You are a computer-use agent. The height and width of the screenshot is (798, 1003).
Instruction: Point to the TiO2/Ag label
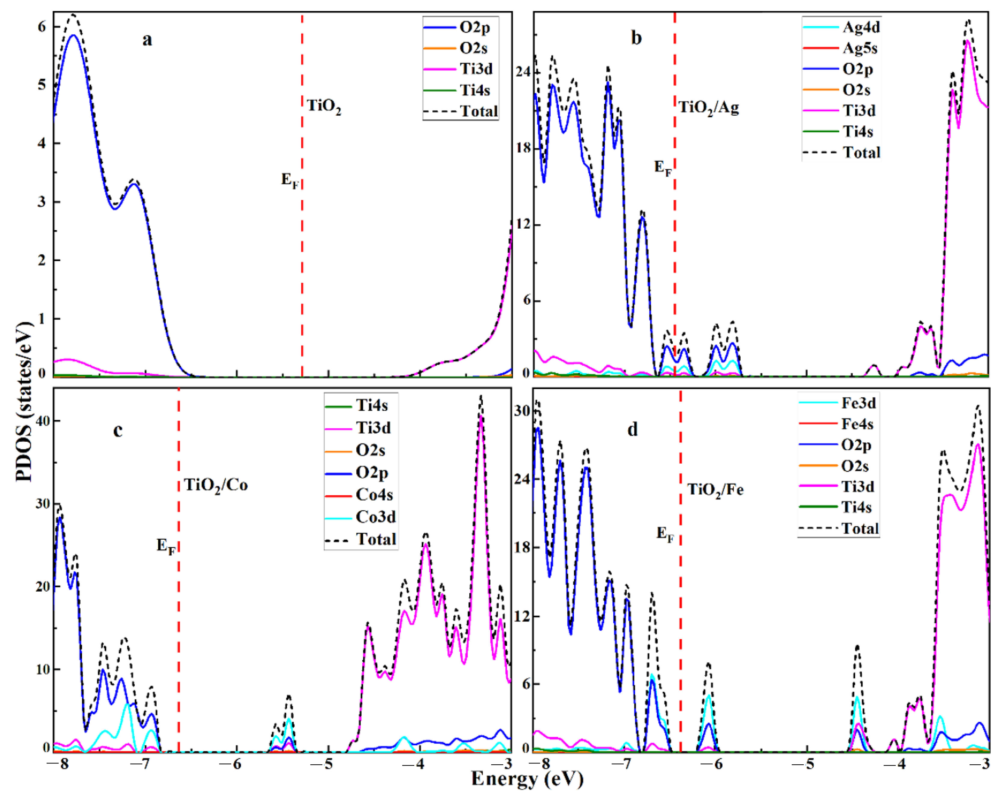708,108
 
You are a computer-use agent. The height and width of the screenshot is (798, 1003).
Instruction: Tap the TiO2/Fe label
715,489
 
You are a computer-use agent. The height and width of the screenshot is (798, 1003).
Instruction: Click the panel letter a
147,39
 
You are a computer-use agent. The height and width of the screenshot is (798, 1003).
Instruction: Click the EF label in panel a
290,180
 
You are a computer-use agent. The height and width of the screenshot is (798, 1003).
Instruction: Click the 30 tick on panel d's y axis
522,411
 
